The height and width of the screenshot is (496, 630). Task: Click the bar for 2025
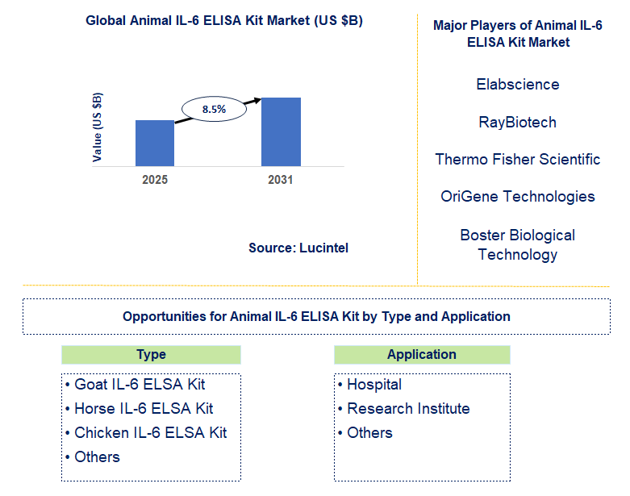[155, 143]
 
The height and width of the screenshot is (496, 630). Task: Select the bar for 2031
[280, 131]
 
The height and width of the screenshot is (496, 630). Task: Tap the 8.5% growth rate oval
[214, 108]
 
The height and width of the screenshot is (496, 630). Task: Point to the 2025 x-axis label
[155, 180]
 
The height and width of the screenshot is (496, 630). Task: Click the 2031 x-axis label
[280, 180]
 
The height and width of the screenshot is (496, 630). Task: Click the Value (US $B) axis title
[98, 127]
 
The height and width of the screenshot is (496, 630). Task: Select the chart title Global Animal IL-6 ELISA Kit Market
[224, 21]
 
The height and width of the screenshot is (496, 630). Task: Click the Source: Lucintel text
[298, 248]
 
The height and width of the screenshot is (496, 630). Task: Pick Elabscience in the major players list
[517, 84]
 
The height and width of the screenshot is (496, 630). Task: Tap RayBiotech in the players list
[517, 122]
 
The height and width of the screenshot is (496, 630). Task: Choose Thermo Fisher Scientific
[517, 159]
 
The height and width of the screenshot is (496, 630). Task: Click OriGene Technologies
[517, 196]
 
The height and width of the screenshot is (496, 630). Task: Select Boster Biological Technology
[517, 244]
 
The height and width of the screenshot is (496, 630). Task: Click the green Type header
[151, 355]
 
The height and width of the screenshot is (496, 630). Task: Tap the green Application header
[422, 355]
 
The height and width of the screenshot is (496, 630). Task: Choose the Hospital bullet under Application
[369, 385]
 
